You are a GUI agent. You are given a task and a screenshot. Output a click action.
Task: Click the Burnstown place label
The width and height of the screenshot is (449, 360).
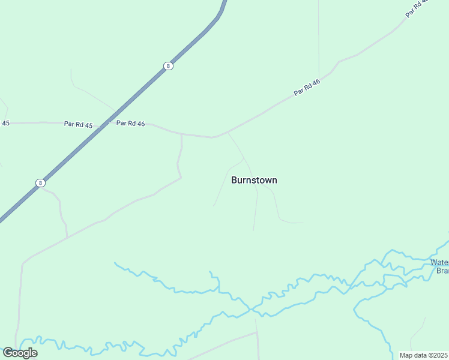click(254, 180)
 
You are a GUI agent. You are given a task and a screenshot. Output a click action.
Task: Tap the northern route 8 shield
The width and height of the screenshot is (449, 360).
click(169, 66)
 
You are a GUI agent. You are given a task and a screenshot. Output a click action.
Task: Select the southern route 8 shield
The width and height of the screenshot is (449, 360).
click(40, 182)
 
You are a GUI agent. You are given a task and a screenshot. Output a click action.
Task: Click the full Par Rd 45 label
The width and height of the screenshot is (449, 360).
click(79, 124)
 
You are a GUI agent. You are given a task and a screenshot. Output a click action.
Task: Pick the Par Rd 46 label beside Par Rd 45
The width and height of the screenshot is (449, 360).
click(130, 124)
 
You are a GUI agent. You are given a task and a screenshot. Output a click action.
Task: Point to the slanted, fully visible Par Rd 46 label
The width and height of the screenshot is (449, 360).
click(307, 87)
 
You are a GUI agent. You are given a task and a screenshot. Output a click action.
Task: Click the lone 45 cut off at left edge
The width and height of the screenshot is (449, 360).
click(5, 123)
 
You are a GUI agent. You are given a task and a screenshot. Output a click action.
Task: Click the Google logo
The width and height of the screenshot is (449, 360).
click(20, 353)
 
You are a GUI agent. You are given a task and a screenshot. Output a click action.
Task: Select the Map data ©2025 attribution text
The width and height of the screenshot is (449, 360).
click(424, 355)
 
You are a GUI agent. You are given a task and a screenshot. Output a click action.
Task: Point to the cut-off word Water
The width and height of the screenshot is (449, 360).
click(439, 262)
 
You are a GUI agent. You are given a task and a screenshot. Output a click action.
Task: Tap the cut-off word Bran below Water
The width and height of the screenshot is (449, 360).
click(442, 271)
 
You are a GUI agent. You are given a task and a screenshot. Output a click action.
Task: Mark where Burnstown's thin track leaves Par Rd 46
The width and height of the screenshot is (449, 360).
click(227, 133)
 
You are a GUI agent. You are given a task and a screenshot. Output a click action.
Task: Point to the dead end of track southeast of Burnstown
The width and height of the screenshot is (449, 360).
click(303, 223)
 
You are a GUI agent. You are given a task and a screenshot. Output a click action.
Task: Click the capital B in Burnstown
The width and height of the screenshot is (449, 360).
click(234, 180)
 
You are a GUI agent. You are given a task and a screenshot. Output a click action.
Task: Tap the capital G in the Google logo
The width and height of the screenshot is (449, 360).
click(8, 353)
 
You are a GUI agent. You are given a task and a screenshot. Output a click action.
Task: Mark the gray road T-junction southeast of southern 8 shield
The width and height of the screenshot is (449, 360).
click(67, 236)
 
